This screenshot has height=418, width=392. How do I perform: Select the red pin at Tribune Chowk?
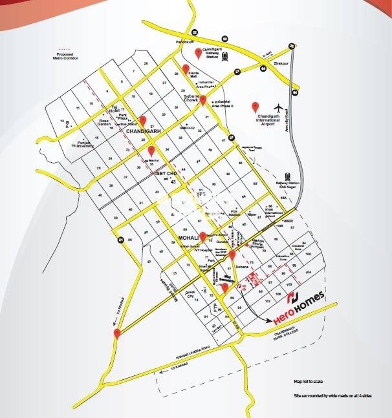click(203, 100)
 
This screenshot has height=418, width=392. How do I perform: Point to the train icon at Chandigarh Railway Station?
click(224, 56)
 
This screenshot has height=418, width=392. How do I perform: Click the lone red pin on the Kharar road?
click(116, 333)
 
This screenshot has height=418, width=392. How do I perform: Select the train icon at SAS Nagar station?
click(289, 176)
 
